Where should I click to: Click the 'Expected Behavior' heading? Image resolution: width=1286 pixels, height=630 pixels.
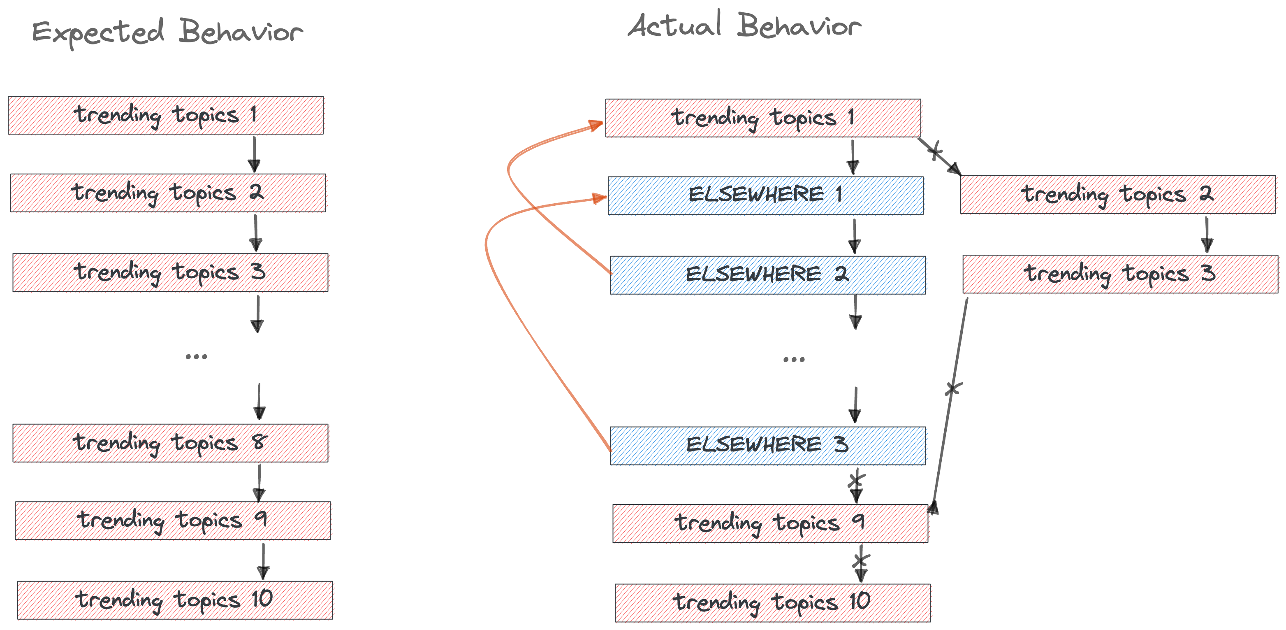[x=167, y=33]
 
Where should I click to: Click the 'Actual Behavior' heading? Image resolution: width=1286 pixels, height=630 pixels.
[x=744, y=26]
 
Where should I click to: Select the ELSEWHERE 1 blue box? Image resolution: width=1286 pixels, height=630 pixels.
[x=765, y=195]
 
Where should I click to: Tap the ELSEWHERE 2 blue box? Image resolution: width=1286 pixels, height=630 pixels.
[x=767, y=275]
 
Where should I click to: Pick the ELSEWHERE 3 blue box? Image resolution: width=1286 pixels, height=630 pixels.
[x=767, y=445]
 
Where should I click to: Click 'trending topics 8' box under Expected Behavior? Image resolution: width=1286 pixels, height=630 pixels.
[x=170, y=443]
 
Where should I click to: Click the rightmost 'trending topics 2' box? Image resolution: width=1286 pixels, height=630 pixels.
[x=1118, y=194]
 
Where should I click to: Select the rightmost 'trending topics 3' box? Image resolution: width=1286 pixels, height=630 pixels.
[x=1120, y=274]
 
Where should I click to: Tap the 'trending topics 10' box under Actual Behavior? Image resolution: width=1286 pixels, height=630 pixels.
[x=772, y=602]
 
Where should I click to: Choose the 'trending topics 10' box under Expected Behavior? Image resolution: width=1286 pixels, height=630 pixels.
[x=175, y=600]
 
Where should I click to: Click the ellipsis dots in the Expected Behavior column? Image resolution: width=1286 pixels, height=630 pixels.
[x=196, y=357]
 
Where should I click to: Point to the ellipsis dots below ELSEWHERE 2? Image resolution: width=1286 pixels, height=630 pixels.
[x=794, y=359]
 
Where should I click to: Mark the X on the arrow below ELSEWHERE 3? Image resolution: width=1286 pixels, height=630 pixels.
[x=856, y=481]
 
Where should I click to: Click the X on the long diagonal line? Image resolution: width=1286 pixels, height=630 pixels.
[x=953, y=388]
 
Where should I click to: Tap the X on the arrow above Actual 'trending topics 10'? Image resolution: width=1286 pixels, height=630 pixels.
[x=861, y=560]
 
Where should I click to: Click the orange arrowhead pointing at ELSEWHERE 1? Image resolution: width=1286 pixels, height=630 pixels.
[x=599, y=199]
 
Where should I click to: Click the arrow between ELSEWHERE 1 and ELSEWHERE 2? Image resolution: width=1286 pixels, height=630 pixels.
[x=854, y=236]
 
